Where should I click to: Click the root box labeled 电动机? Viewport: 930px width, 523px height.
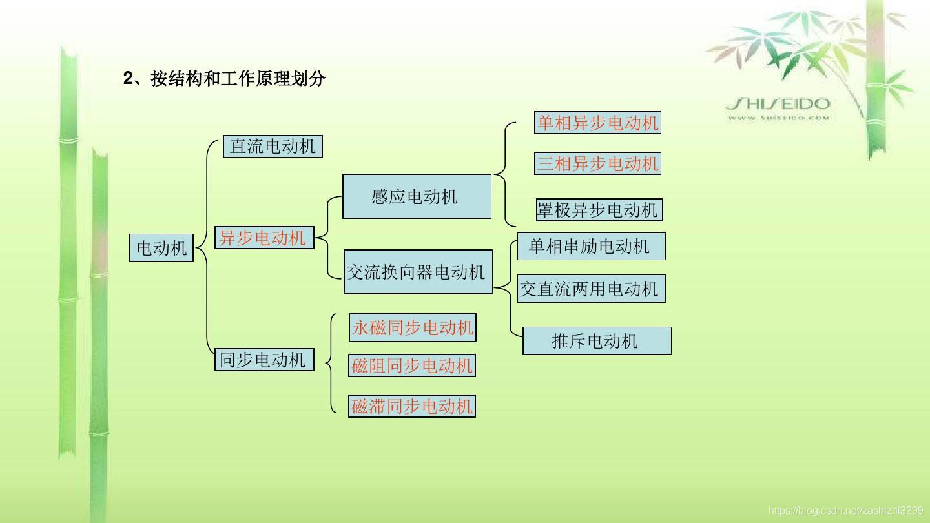pos(161,248)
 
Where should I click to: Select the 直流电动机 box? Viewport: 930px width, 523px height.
pos(273,146)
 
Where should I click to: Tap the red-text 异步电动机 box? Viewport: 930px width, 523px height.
pos(263,238)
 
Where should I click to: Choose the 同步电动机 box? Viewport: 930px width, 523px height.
pos(263,360)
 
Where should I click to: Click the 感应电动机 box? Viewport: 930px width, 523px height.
pos(417,196)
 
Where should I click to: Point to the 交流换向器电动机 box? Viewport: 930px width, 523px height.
pos(417,272)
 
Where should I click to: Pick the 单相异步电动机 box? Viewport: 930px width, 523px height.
pos(597,123)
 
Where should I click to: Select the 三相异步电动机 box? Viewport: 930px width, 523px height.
pos(597,163)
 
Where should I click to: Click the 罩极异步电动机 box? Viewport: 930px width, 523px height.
pos(599,210)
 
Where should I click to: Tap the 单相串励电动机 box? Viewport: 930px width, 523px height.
pos(591,246)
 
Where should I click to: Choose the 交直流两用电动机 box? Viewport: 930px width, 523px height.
pos(591,289)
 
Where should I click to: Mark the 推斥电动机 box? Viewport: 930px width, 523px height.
pos(597,341)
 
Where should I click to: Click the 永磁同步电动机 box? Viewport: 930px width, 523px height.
pos(412,328)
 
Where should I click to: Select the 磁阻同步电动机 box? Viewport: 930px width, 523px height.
pos(412,366)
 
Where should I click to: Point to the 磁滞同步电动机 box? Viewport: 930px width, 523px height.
pos(412,406)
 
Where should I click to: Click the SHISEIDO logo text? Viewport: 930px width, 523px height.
pos(778,104)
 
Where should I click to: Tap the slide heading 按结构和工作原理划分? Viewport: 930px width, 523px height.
pos(238,79)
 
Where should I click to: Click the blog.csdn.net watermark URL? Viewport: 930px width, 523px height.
pos(845,511)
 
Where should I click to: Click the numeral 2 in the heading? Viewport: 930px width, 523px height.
pos(128,79)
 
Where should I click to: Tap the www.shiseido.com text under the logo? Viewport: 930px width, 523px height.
pos(778,118)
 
